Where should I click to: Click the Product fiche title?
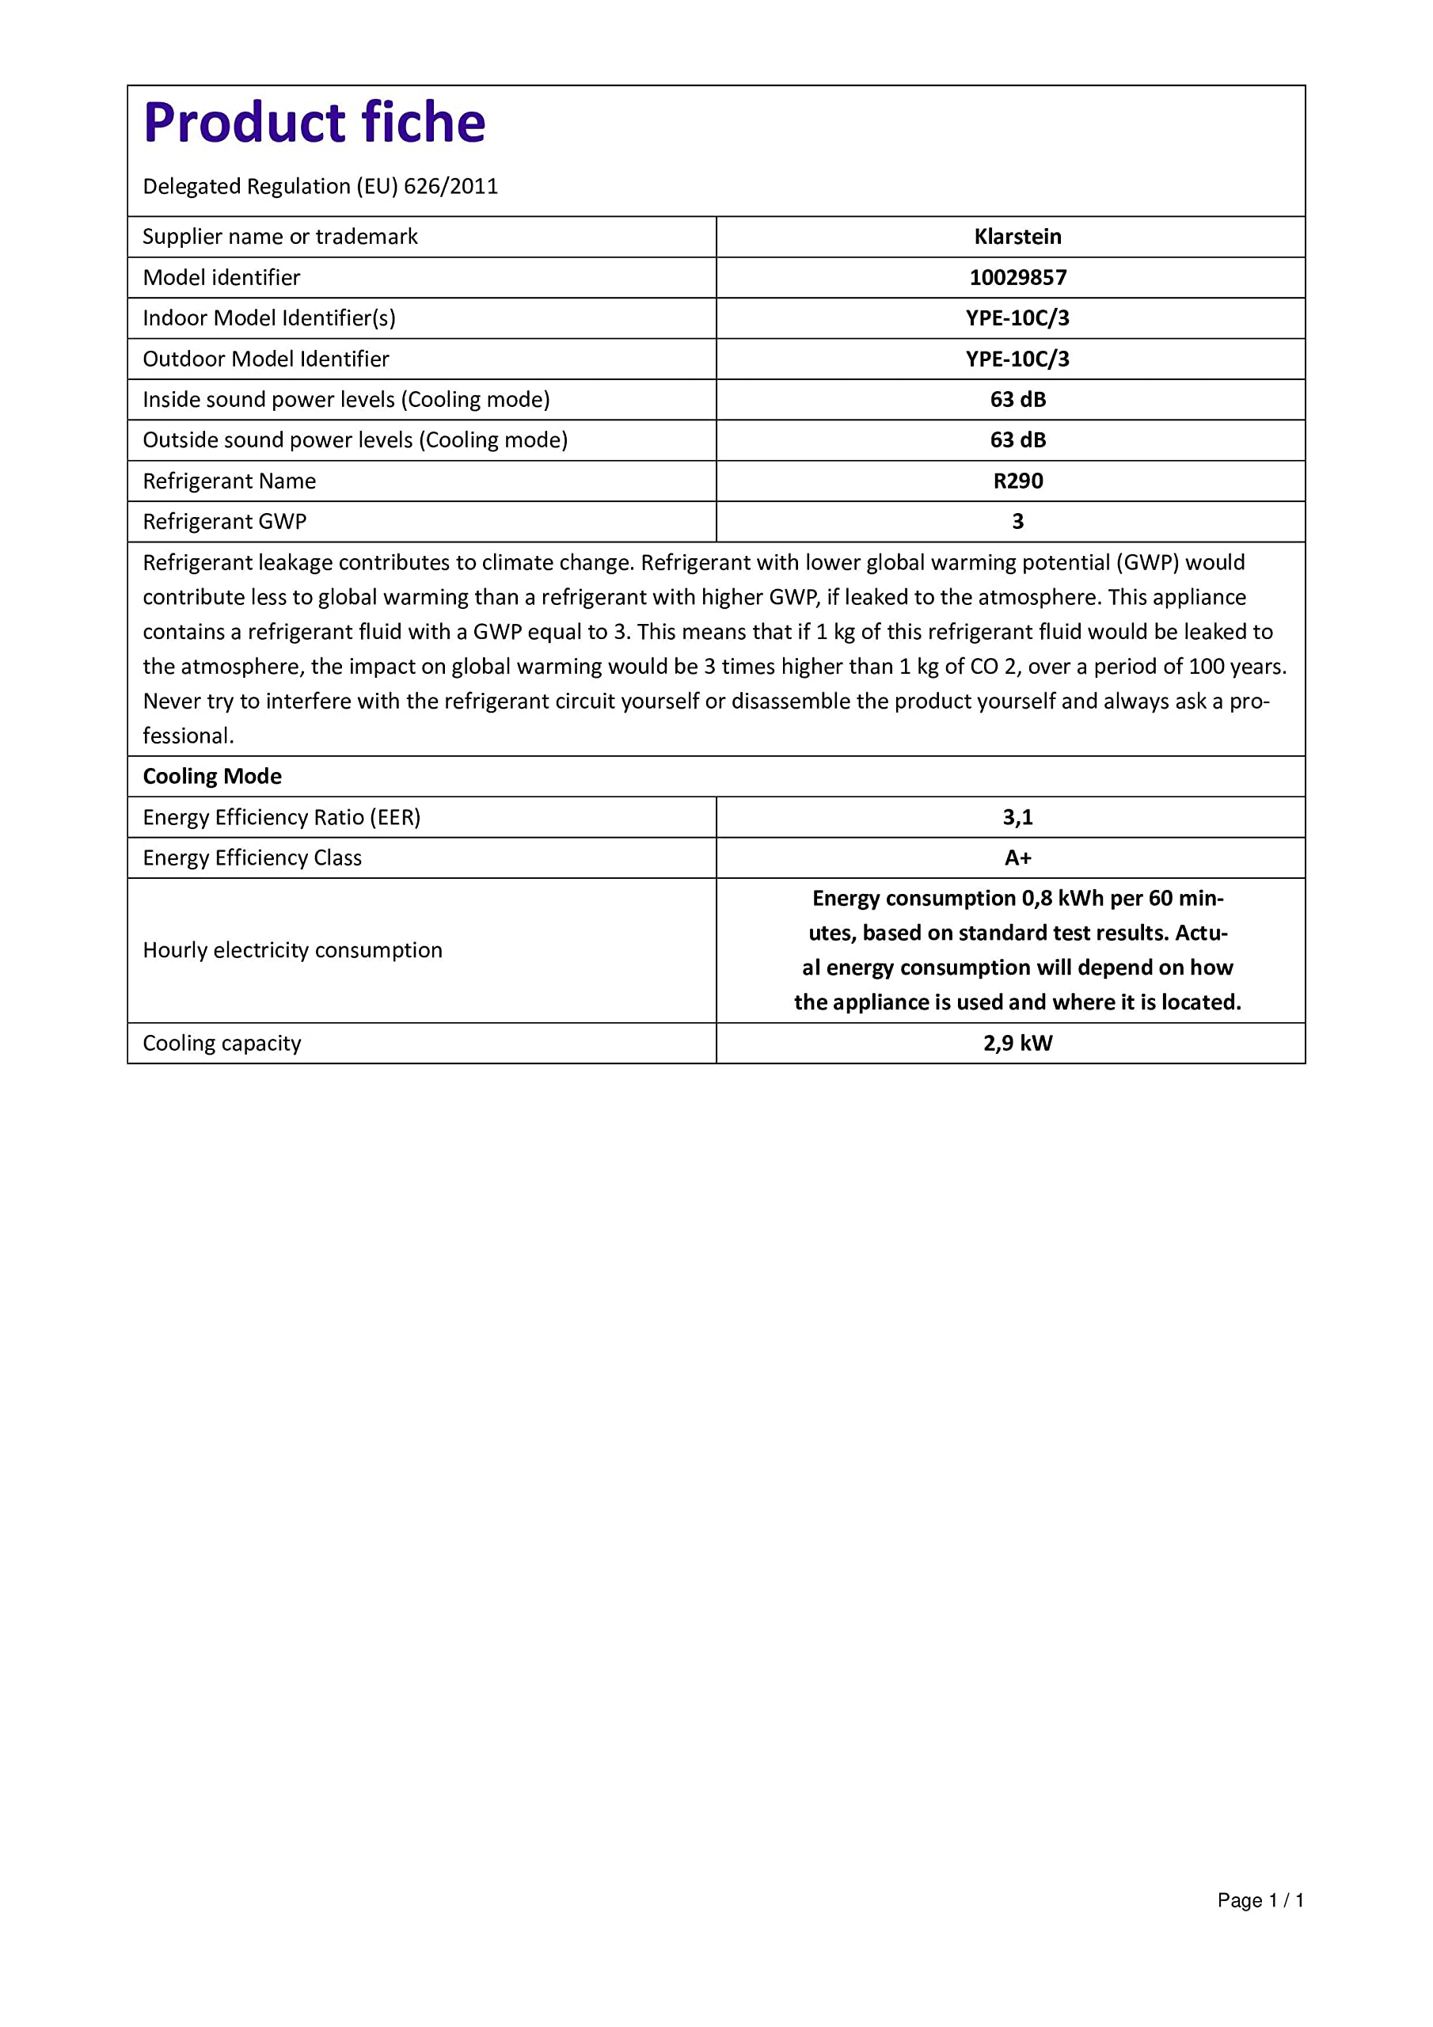314,123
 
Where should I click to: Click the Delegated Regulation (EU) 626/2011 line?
320,186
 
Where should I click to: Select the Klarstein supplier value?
1017,237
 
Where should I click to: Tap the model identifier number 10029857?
1017,277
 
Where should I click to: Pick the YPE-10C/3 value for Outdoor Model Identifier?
1017,359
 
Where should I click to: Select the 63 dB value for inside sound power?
1017,399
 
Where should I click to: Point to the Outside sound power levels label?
355,439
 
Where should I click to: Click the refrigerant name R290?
1017,481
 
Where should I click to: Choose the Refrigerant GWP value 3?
1017,521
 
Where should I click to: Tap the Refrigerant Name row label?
229,481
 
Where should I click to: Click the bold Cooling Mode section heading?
212,776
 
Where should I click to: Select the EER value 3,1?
1017,816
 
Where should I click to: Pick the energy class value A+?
1017,858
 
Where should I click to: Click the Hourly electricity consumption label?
292,950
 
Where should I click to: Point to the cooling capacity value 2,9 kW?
1017,1043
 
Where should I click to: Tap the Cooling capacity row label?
222,1043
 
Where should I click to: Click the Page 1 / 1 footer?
1260,1900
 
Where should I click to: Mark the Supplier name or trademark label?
280,237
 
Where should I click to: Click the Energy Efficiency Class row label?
252,858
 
